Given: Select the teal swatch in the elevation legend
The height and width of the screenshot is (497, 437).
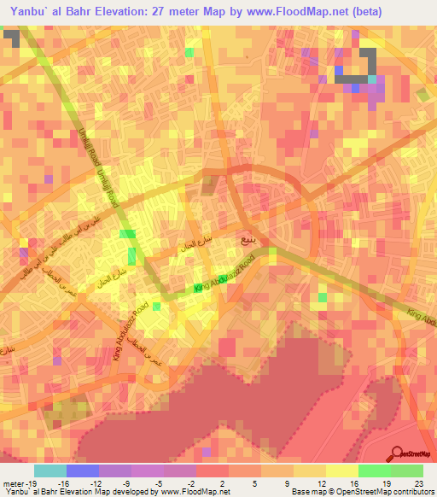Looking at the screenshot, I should click(50, 471).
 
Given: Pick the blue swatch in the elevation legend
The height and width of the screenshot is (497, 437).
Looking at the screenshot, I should click(83, 471).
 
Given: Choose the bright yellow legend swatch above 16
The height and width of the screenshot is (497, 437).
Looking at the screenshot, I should click(341, 471).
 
